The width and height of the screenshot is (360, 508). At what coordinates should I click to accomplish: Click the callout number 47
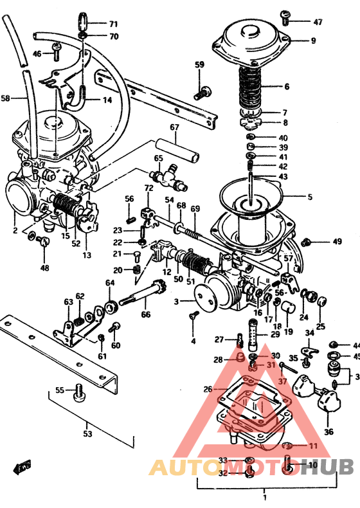[318, 22]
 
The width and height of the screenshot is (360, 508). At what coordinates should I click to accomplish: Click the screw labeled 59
[203, 92]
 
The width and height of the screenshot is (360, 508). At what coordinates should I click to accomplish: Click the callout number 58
[6, 98]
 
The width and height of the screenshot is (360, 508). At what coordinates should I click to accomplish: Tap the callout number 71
[113, 24]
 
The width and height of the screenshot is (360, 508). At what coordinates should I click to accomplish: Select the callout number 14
[107, 100]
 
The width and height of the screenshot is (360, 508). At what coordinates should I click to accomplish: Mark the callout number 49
[337, 242]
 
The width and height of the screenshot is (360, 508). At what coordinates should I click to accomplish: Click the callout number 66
[146, 314]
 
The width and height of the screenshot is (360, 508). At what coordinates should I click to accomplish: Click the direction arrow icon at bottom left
[24, 466]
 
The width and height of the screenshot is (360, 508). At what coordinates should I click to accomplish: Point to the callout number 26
[207, 389]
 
